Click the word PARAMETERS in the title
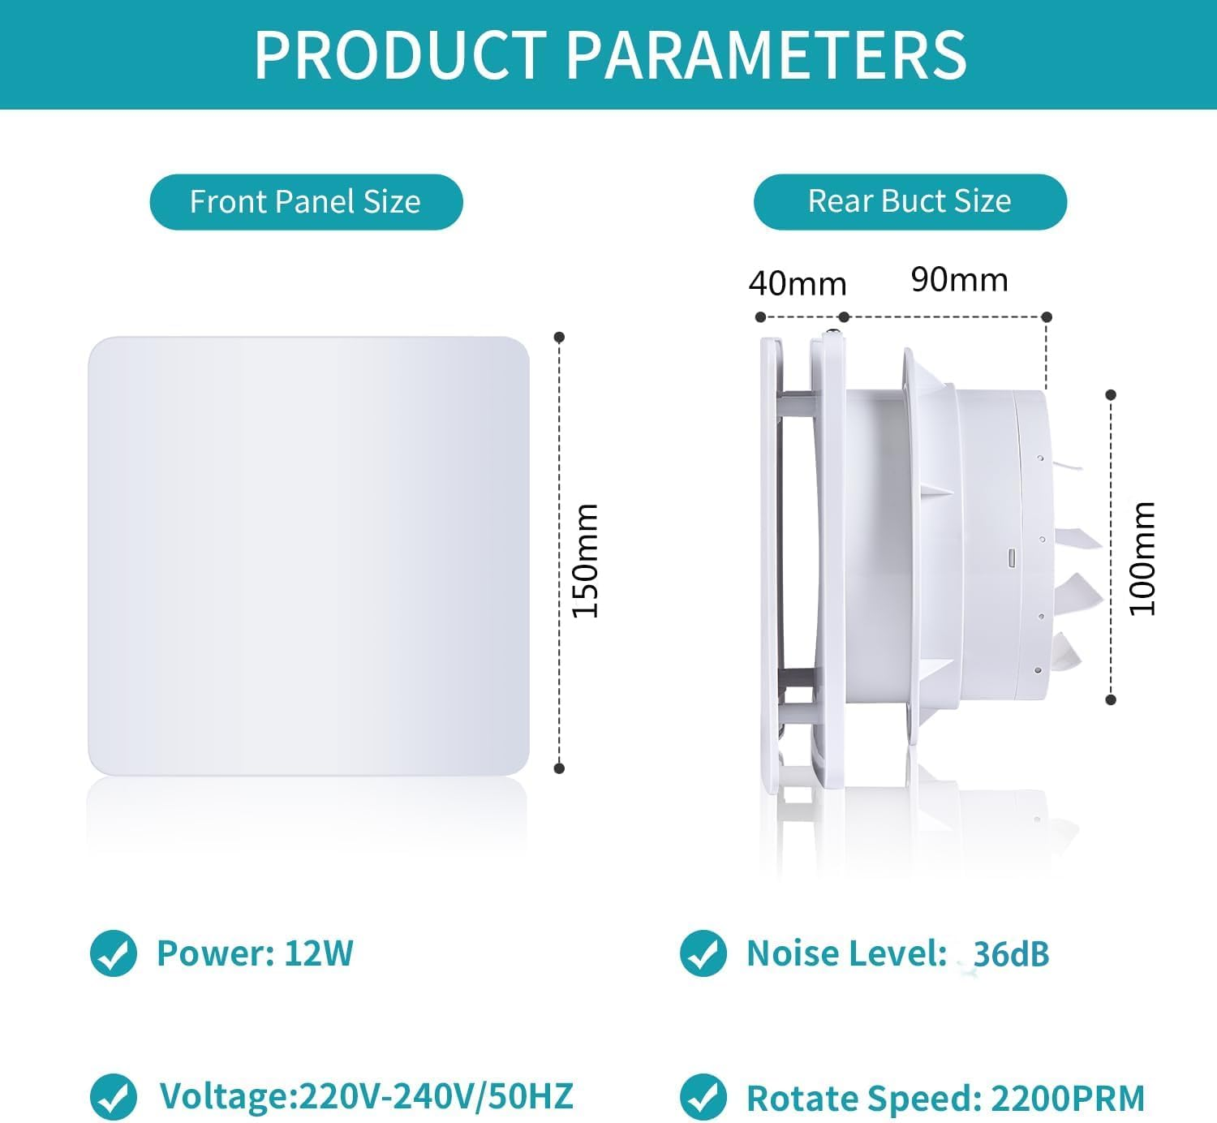pyautogui.click(x=765, y=55)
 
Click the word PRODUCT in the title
pyautogui.click(x=401, y=55)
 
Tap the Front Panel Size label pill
pyautogui.click(x=306, y=202)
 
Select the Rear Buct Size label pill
pyautogui.click(x=910, y=201)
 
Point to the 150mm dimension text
pyautogui.click(x=585, y=560)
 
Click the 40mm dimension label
pyautogui.click(x=797, y=284)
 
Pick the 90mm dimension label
pyautogui.click(x=959, y=280)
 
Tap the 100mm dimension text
pyautogui.click(x=1142, y=558)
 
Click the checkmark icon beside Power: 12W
pyautogui.click(x=114, y=953)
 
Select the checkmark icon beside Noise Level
pyautogui.click(x=703, y=953)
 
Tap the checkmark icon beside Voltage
pyautogui.click(x=114, y=1097)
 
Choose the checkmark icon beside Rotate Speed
pyautogui.click(x=703, y=1097)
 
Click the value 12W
pyautogui.click(x=319, y=953)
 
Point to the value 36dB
pyautogui.click(x=1011, y=954)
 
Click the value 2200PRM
pyautogui.click(x=1068, y=1099)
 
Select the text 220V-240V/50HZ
pyautogui.click(x=436, y=1096)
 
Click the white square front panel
pyautogui.click(x=308, y=556)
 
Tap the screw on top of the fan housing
pyautogui.click(x=832, y=333)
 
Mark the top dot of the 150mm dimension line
pyautogui.click(x=559, y=337)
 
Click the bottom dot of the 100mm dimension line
pyautogui.click(x=1111, y=699)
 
